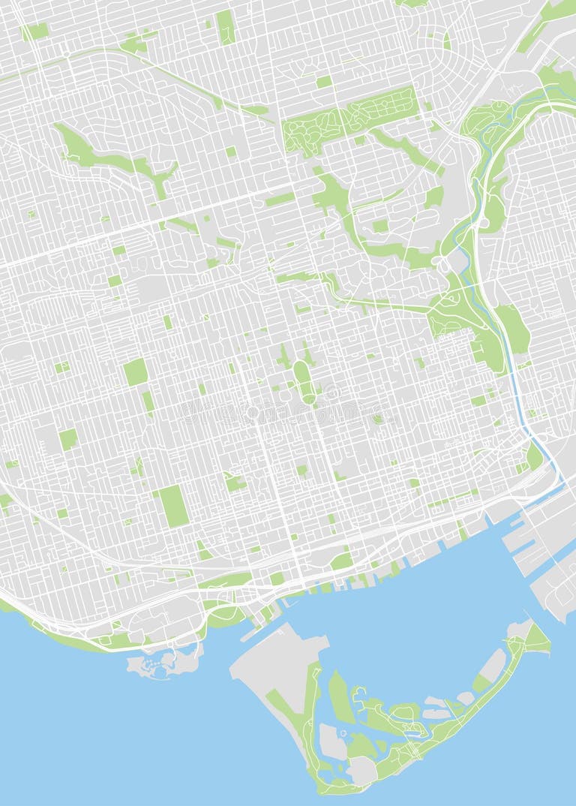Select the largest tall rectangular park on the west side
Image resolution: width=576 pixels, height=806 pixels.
(173, 505)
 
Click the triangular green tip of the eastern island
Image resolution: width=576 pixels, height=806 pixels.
(537, 639)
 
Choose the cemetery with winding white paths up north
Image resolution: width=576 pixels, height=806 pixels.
(349, 120)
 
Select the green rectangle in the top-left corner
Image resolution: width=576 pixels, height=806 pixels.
(34, 31)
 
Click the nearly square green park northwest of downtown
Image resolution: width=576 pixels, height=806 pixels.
(136, 371)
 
